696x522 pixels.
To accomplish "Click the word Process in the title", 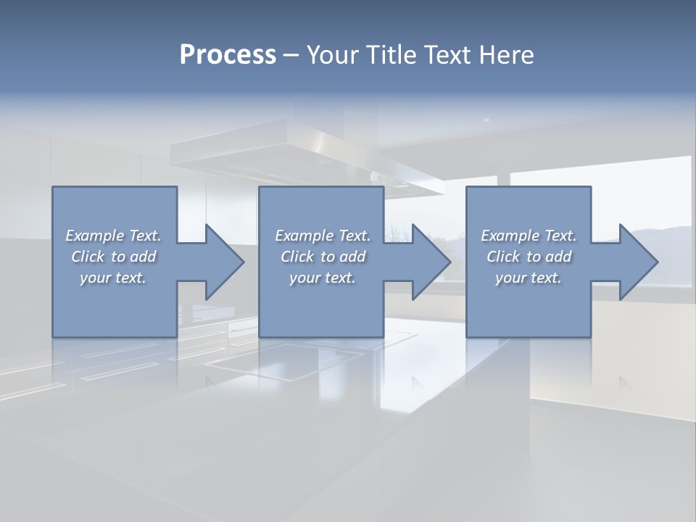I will coord(228,55).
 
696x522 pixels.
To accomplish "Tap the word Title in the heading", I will coord(394,55).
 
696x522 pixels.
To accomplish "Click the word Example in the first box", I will coord(94,236).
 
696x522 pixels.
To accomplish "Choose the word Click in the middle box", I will coord(297,257).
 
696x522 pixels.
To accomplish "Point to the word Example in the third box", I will coord(510,236).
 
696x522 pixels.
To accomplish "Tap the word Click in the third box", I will coord(503,257).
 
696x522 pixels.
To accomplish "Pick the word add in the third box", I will coord(558,257).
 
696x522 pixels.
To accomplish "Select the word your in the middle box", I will coord(304,278).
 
